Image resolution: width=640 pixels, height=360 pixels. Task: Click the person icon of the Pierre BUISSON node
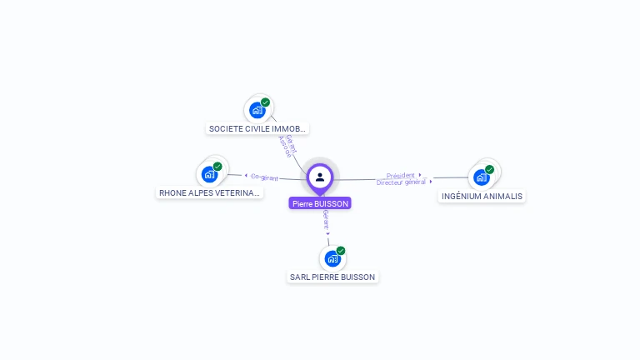pyautogui.click(x=320, y=177)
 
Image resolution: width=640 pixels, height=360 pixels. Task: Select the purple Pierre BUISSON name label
pyautogui.click(x=320, y=203)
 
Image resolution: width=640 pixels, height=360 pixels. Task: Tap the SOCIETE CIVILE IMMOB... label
pyautogui.click(x=257, y=129)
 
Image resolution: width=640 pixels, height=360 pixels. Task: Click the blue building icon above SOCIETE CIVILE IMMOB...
pyautogui.click(x=257, y=110)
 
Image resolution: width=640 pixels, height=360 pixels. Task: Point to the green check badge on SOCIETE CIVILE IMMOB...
pyautogui.click(x=265, y=102)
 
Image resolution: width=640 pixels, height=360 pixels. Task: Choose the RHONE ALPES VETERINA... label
pyautogui.click(x=210, y=192)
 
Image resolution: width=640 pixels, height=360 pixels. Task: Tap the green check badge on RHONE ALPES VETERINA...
pyautogui.click(x=217, y=167)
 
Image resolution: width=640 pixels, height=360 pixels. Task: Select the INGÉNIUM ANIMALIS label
pyautogui.click(x=482, y=197)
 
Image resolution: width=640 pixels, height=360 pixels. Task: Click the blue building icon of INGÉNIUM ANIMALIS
pyautogui.click(x=481, y=177)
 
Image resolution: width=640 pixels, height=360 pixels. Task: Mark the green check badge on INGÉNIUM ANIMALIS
pyautogui.click(x=489, y=169)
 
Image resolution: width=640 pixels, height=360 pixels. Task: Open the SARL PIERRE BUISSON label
pyautogui.click(x=332, y=277)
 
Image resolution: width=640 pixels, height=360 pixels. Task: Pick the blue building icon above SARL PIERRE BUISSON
pyautogui.click(x=332, y=258)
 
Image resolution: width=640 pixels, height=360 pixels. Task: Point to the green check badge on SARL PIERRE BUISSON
pyautogui.click(x=341, y=251)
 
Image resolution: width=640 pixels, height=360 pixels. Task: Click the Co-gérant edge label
pyautogui.click(x=264, y=177)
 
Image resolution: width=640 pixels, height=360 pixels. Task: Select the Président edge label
pyautogui.click(x=401, y=175)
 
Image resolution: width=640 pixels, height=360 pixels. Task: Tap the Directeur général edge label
pyautogui.click(x=402, y=182)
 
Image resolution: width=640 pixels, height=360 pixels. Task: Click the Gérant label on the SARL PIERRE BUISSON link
pyautogui.click(x=326, y=220)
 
